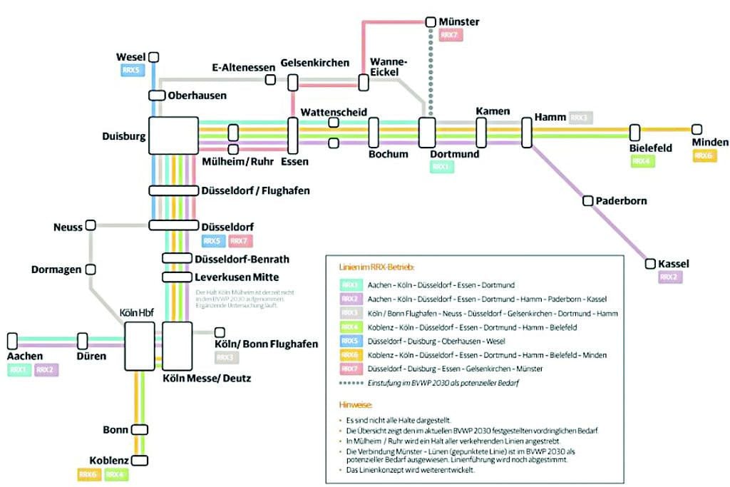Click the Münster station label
[460, 22]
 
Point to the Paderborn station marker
[587, 201]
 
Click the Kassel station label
[674, 264]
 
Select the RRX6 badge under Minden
[704, 155]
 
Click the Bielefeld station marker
[634, 132]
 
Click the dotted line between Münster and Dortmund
[431, 71]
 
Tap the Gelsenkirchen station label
[314, 63]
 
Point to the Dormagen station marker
[91, 270]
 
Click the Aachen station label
[26, 356]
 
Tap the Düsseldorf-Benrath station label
[242, 259]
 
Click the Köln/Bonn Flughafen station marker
[219, 332]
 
